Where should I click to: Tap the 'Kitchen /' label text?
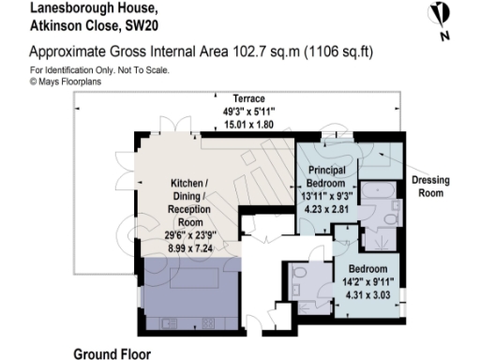click(193, 183)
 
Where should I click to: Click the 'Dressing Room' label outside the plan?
click(432, 187)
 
